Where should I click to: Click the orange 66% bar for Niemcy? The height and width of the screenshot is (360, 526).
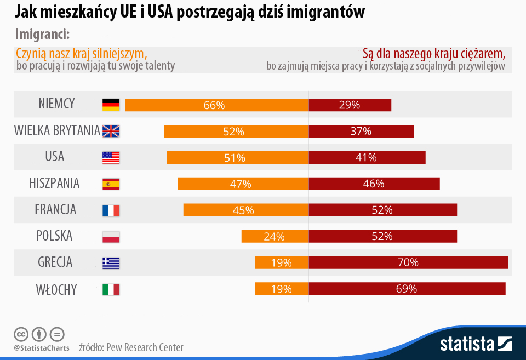coord(216,105)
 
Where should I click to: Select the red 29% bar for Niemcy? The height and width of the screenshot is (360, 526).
coord(350,105)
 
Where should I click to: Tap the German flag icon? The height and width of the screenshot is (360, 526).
coord(111,105)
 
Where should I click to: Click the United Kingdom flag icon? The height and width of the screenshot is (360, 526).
coord(111,131)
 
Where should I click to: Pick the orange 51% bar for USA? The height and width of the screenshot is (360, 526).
coord(237,157)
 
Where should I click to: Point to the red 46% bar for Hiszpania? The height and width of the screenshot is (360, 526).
coord(374,184)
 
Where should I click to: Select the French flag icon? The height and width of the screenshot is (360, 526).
coord(111,210)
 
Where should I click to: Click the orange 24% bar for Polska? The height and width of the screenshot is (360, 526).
coord(275,236)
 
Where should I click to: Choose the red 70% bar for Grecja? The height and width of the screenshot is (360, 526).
coord(408,262)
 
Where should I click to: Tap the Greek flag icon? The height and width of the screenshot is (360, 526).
coord(111,263)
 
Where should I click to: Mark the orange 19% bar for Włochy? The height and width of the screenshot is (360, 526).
coord(281,289)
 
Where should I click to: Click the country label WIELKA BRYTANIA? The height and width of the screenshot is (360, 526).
coord(57,131)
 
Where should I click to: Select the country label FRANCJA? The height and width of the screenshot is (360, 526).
coord(55,209)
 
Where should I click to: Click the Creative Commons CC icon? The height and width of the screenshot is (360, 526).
coord(21,334)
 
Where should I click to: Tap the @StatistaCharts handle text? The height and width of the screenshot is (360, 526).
coord(42,348)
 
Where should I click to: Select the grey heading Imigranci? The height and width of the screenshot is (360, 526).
coord(42,34)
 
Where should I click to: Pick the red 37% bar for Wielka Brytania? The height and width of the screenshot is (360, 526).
coord(361,131)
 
